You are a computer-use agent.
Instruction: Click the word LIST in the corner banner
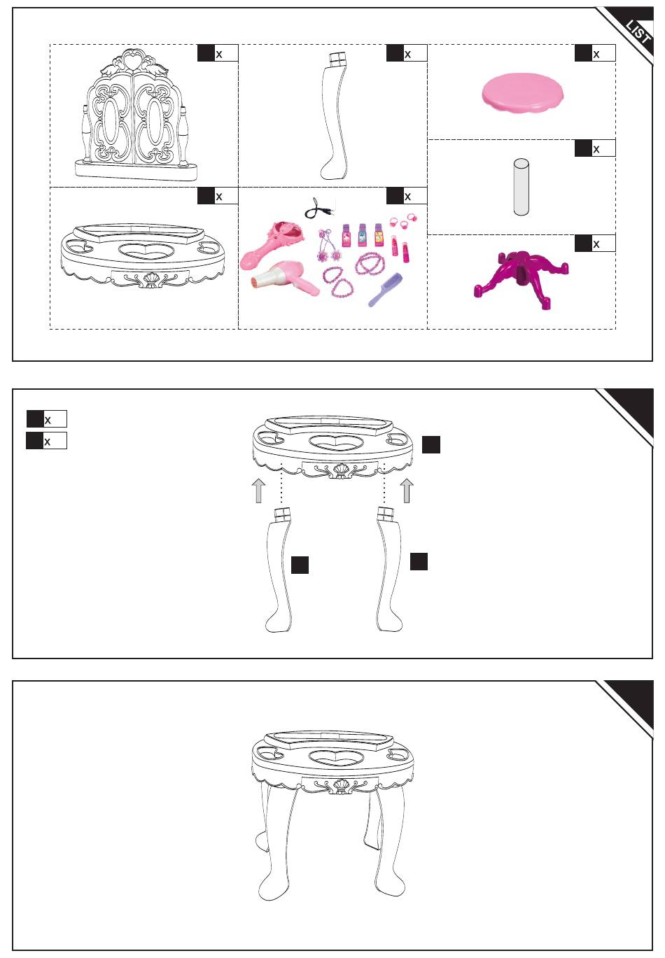[638, 32]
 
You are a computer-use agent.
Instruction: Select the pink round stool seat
[521, 92]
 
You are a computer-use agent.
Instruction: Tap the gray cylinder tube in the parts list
[521, 187]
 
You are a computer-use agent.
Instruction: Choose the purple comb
[385, 290]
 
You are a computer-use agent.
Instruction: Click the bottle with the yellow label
[378, 235]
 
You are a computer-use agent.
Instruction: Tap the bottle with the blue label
[362, 235]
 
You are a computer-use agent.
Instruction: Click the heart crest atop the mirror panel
[134, 60]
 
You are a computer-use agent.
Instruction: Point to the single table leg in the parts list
[334, 116]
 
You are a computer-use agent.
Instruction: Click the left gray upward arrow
[258, 491]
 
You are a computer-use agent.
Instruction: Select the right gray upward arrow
[407, 491]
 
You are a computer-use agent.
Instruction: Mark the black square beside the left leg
[300, 565]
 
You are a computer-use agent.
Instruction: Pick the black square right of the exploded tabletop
[431, 444]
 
